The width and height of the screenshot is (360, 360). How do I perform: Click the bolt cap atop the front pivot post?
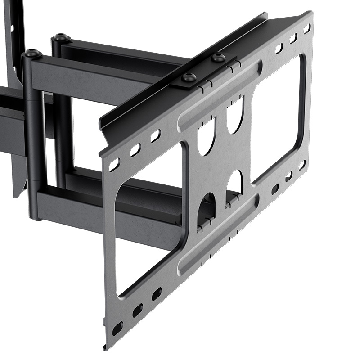click(33, 53)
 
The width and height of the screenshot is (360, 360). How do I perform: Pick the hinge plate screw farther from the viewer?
click(218, 57)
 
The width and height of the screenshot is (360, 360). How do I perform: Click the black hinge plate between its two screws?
click(204, 69)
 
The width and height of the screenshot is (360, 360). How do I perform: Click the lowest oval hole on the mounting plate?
click(117, 328)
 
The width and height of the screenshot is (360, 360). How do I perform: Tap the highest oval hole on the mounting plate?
click(307, 28)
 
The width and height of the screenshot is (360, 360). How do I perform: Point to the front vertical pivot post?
click(35, 135)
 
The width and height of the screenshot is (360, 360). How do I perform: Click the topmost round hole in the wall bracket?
click(12, 28)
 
